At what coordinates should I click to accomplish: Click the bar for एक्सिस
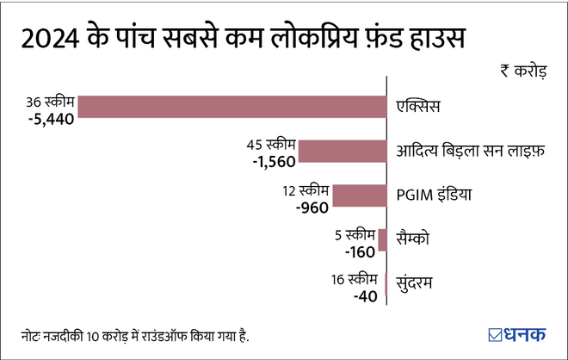click(232, 105)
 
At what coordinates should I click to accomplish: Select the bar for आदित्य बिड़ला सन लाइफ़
click(343, 151)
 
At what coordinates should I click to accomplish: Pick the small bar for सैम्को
click(382, 240)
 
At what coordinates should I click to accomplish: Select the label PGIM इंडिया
click(435, 196)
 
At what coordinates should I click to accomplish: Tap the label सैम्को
click(412, 240)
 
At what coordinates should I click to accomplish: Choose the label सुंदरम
click(415, 285)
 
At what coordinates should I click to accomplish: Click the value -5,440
click(52, 118)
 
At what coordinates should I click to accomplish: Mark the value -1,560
click(271, 162)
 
